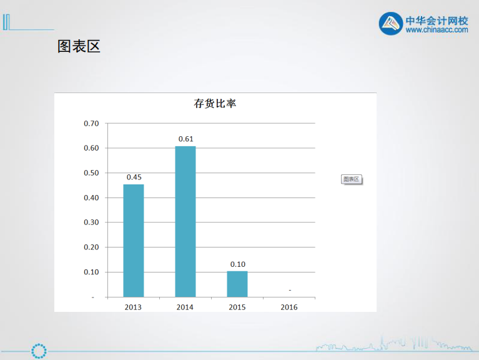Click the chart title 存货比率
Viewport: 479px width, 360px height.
(215, 104)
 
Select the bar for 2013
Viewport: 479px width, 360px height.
(133, 241)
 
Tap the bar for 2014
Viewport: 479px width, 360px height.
(185, 221)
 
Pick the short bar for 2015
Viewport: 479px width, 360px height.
(237, 284)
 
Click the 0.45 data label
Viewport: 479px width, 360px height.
(134, 177)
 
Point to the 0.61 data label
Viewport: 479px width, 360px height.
(185, 139)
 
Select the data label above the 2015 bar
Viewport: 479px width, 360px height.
(237, 264)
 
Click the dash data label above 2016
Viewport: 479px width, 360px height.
(290, 290)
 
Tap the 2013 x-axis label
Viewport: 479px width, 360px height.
(133, 307)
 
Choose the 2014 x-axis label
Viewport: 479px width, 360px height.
(185, 307)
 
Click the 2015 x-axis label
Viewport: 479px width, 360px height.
(237, 307)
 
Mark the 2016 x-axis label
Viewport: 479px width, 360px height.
(289, 307)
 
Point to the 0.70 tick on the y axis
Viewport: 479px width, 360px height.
(91, 123)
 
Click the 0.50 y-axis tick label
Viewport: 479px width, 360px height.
(91, 172)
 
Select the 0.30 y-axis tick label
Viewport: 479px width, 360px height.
(91, 222)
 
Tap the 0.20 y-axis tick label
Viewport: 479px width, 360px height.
(91, 247)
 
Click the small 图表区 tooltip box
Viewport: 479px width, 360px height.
(352, 179)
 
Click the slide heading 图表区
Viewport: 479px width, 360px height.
(79, 46)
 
